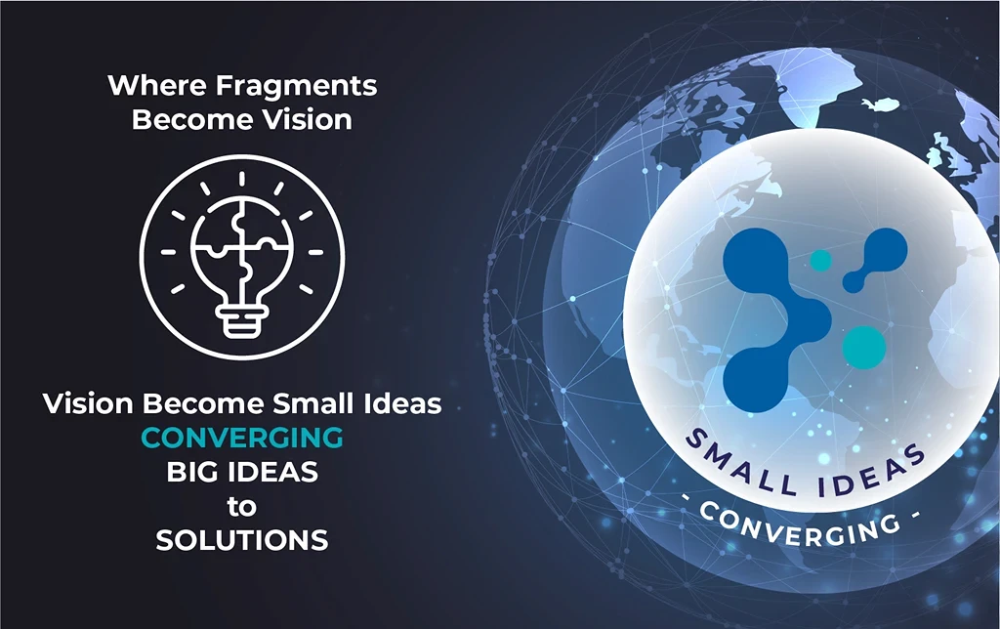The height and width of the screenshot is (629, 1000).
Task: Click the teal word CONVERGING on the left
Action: pyautogui.click(x=242, y=438)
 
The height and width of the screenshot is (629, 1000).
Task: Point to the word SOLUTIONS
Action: pyautogui.click(x=242, y=540)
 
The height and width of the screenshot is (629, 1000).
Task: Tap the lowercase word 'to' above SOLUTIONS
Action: pyautogui.click(x=242, y=507)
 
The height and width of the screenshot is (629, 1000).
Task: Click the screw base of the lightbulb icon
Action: pyautogui.click(x=242, y=319)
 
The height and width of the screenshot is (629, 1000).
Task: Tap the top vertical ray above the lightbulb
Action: pyautogui.click(x=242, y=180)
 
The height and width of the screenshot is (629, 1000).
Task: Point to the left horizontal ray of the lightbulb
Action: pyautogui.click(x=168, y=252)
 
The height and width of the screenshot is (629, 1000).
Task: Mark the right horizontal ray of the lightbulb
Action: pyautogui.click(x=315, y=252)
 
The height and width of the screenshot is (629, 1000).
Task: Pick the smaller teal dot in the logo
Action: pyautogui.click(x=820, y=260)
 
